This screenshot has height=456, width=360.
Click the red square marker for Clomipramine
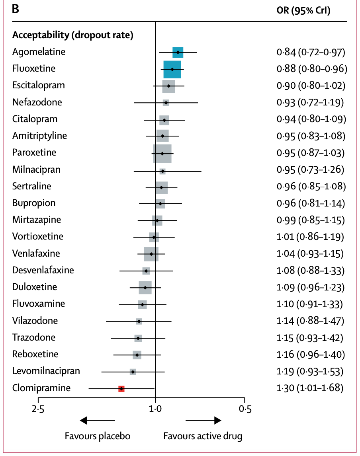point(121,388)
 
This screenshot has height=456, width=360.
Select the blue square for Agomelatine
point(178,52)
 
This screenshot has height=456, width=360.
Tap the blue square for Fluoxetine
point(172,69)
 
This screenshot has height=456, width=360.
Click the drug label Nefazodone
point(37,102)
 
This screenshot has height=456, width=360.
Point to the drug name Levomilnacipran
point(46,371)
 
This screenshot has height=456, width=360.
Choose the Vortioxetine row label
point(38,236)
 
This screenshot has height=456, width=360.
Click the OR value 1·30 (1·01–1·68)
point(310,388)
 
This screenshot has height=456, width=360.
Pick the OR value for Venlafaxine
point(310,253)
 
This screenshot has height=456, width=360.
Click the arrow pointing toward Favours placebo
point(97,420)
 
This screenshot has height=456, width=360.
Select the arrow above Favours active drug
point(203,420)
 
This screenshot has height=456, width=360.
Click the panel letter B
point(16,10)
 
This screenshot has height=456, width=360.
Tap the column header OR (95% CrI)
point(303,11)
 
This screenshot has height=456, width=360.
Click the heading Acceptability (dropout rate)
point(73,35)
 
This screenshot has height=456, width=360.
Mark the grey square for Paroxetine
point(162,153)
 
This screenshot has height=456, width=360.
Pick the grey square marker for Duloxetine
point(145,287)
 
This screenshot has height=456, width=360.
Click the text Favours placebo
point(98,436)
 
